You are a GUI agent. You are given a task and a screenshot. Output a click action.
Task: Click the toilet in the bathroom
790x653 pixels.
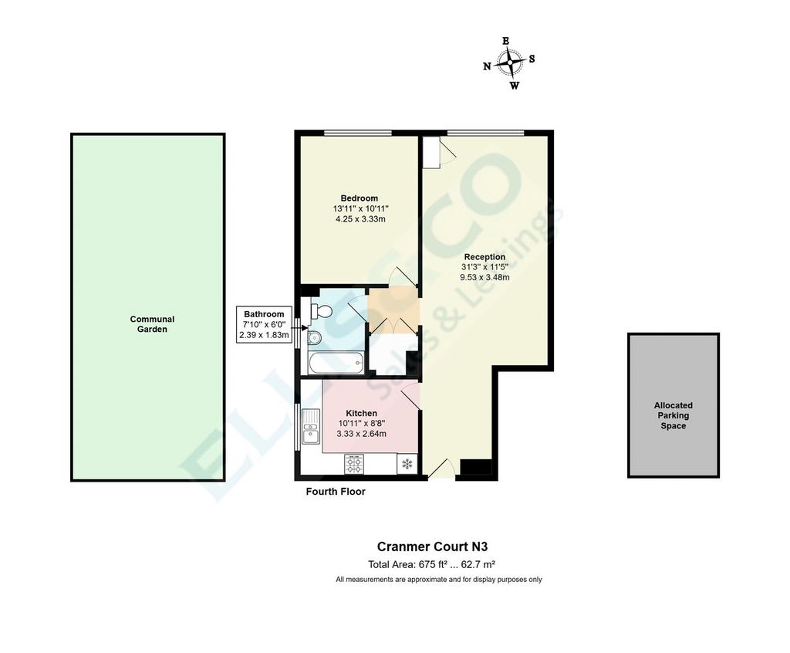[321, 311]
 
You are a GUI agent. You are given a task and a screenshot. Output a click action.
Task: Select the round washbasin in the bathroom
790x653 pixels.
[314, 337]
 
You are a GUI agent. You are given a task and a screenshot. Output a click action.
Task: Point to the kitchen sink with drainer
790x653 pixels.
[310, 427]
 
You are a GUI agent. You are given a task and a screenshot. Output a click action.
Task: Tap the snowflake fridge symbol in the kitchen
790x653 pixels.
[407, 464]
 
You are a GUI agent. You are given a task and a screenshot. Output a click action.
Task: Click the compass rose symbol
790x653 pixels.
[509, 63]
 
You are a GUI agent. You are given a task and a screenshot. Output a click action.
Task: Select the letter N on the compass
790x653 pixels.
[487, 66]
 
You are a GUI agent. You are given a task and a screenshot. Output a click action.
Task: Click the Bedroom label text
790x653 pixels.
[360, 198]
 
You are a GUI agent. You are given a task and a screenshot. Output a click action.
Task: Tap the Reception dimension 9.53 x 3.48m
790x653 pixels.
[484, 277]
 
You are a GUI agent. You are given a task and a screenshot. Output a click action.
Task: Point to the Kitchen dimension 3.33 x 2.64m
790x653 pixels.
[361, 434]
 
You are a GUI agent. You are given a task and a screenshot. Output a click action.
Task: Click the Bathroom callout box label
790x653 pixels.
[264, 314]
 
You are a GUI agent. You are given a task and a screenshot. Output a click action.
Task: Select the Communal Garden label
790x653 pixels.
[152, 324]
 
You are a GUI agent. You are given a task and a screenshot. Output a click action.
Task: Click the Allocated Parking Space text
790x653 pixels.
[673, 415]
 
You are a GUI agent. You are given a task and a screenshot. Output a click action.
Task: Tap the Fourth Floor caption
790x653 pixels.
[336, 492]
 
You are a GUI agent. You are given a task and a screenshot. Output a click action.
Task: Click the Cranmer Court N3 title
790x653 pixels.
[432, 546]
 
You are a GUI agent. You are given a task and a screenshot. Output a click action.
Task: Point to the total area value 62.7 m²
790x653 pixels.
[481, 565]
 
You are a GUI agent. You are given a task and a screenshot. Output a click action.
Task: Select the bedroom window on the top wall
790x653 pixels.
[358, 133]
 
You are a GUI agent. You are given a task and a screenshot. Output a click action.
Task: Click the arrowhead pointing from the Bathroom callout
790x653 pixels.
[304, 328]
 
